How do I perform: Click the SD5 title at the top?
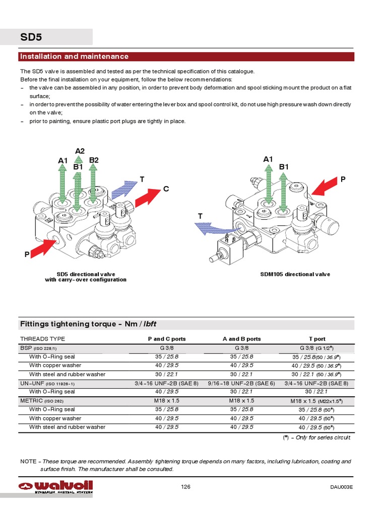pos(31,37)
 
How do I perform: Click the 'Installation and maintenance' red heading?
pos(74,56)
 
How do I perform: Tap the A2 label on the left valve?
pos(80,151)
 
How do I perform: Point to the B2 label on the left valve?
pos(94,160)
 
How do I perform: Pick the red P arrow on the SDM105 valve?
pos(325,188)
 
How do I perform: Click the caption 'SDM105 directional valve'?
pos(295,274)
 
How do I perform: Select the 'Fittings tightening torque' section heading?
pos(91,324)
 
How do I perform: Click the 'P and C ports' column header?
pos(166,339)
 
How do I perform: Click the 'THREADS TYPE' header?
pos(43,339)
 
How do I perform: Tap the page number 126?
pos(186,486)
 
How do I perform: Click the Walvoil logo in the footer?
pos(55,486)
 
